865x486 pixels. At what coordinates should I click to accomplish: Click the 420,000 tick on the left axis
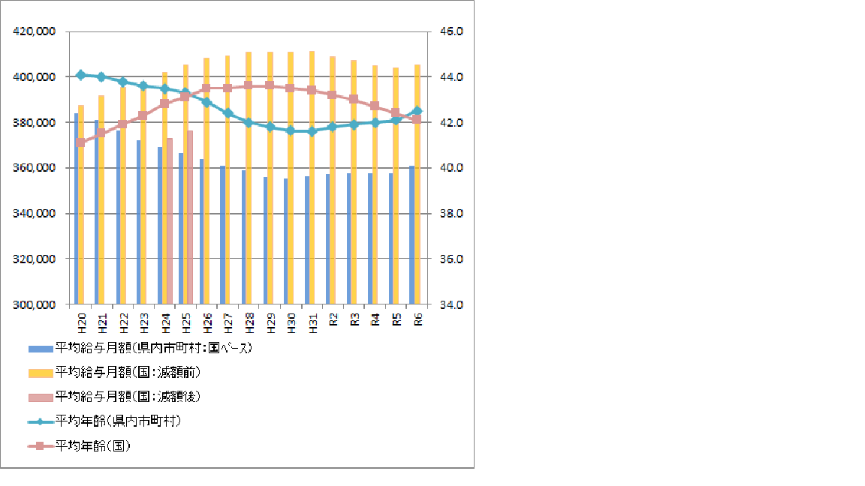click(x=35, y=31)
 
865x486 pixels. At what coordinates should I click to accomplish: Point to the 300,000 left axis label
click(x=35, y=304)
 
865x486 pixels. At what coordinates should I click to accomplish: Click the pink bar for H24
click(x=170, y=221)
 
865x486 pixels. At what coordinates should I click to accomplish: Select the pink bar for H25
click(x=190, y=217)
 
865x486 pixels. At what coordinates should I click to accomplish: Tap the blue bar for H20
click(x=76, y=210)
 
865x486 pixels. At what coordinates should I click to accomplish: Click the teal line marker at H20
click(x=81, y=75)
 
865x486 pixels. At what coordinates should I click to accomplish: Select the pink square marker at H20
click(x=81, y=142)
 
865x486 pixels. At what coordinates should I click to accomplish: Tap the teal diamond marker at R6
click(x=417, y=111)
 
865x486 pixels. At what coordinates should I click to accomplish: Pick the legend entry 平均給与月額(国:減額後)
click(x=128, y=397)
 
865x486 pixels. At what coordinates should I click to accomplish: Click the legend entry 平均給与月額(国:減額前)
click(x=128, y=373)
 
